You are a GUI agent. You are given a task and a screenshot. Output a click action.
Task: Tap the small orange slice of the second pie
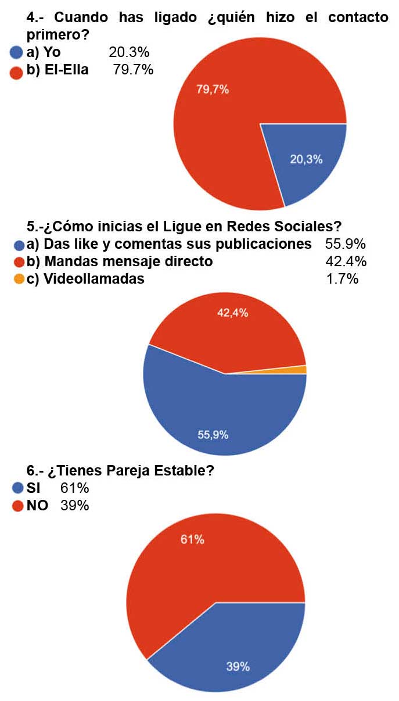click(301, 370)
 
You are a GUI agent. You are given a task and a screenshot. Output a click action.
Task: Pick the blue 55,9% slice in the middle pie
click(221, 419)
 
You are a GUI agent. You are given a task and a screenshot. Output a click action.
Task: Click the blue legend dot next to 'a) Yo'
click(16, 53)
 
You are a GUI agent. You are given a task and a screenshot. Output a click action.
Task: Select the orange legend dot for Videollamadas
click(19, 280)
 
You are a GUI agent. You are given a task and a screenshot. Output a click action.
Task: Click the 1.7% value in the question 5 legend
click(343, 279)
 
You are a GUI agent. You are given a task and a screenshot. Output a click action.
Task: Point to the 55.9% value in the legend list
click(346, 244)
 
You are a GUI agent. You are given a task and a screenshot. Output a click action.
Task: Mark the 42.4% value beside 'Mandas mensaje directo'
click(346, 262)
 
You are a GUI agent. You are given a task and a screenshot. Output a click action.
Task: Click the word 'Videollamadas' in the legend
click(85, 279)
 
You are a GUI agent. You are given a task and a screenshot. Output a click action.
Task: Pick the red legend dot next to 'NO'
click(17, 506)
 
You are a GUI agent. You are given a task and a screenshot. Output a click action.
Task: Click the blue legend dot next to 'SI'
click(17, 488)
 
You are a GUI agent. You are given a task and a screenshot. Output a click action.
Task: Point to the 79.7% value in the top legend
click(133, 70)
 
